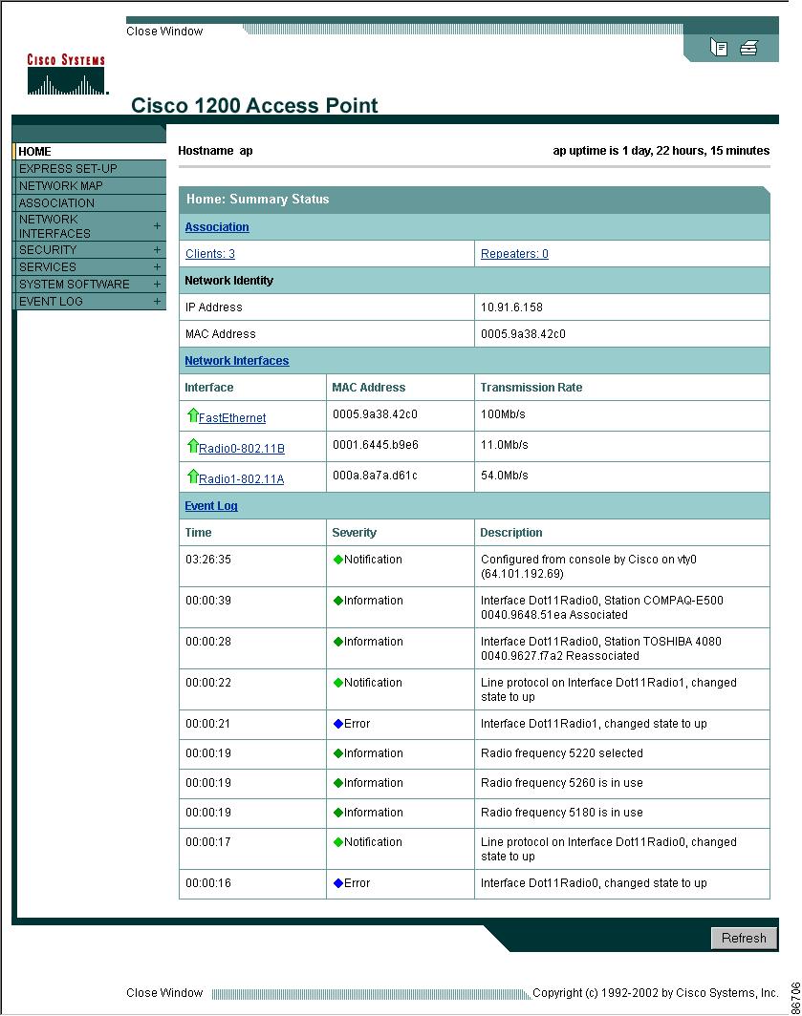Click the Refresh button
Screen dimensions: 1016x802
click(x=744, y=938)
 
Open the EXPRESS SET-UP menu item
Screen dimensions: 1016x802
click(x=68, y=169)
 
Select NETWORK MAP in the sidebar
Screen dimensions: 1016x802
click(x=61, y=186)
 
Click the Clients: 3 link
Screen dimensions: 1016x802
click(x=210, y=254)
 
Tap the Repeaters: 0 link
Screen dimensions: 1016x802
click(x=514, y=254)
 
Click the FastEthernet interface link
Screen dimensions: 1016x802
click(x=232, y=418)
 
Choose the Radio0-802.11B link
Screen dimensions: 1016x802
click(x=241, y=449)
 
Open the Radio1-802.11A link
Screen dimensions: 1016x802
click(x=241, y=479)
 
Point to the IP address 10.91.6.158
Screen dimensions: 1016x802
click(x=510, y=307)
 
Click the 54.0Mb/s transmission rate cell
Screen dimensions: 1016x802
click(x=505, y=476)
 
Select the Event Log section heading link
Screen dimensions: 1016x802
click(x=211, y=506)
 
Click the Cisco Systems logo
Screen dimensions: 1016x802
click(x=66, y=75)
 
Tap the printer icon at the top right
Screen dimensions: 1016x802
click(x=748, y=48)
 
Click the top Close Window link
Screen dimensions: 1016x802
click(x=164, y=32)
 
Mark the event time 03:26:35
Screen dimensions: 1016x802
click(x=208, y=560)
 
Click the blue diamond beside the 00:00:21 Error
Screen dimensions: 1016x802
click(x=337, y=724)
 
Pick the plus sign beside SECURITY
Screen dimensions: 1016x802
click(x=157, y=250)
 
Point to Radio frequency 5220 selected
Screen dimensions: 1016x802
click(x=561, y=753)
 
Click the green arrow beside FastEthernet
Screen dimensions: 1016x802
click(x=192, y=415)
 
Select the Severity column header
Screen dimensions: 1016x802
click(x=354, y=533)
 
